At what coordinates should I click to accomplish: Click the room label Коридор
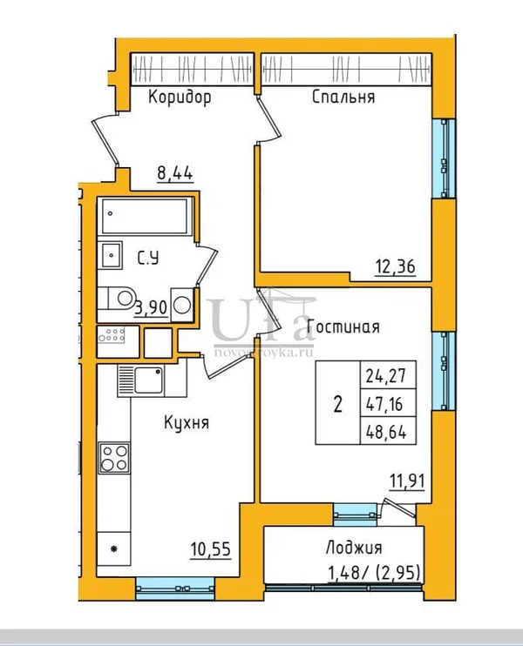click(x=180, y=98)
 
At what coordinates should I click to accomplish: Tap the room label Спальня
click(x=343, y=98)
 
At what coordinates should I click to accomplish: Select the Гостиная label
click(x=343, y=327)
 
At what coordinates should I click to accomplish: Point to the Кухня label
click(x=187, y=423)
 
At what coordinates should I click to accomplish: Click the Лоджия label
click(x=354, y=548)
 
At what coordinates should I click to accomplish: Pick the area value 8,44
click(x=175, y=173)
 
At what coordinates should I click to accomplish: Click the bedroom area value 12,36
click(x=395, y=266)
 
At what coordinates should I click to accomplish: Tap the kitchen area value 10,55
click(x=210, y=549)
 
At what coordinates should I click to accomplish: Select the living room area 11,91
click(x=408, y=481)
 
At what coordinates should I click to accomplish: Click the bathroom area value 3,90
click(x=151, y=307)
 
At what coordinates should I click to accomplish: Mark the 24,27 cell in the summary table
click(x=386, y=376)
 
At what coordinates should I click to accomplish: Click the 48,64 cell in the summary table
click(x=386, y=432)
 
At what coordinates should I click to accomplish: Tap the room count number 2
click(x=338, y=405)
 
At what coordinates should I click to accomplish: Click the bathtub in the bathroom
click(x=145, y=216)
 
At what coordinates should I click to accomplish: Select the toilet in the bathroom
click(x=116, y=299)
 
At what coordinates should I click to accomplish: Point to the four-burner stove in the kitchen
click(x=114, y=458)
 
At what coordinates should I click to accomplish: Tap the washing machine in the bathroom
click(x=182, y=305)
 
